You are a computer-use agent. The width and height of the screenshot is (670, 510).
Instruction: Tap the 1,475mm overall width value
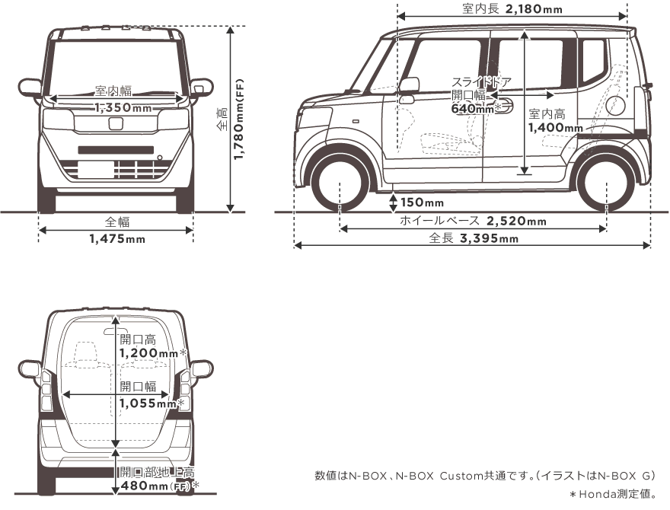click(x=116, y=239)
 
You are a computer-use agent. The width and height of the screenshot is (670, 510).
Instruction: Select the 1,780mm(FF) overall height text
click(x=239, y=119)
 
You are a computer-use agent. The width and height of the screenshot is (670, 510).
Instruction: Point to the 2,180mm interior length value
click(x=533, y=9)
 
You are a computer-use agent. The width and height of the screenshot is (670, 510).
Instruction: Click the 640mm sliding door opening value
click(x=473, y=109)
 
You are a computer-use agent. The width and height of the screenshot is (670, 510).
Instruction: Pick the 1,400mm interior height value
click(x=556, y=128)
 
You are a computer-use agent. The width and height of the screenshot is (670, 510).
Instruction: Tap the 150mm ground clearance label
click(x=422, y=202)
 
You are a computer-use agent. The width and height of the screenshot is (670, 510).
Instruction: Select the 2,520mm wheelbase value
click(x=515, y=222)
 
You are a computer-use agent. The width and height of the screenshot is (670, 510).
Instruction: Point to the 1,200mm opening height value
click(x=148, y=353)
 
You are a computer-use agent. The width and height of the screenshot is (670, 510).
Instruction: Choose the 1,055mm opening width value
click(x=148, y=403)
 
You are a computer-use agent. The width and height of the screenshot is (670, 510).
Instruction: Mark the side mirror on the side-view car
click(x=409, y=84)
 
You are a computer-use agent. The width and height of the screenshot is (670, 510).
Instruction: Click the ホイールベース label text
click(x=439, y=222)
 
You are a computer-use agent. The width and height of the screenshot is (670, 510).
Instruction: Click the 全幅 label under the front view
click(x=116, y=222)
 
